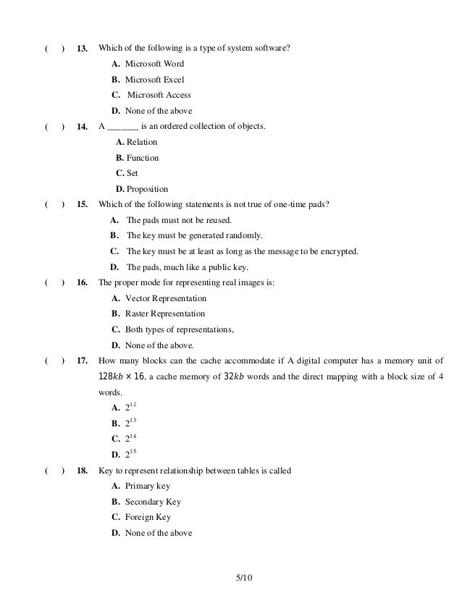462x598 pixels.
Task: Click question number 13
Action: pyautogui.click(x=82, y=49)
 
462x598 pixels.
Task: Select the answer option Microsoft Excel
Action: pyautogui.click(x=154, y=79)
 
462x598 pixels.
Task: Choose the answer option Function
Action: pyautogui.click(x=142, y=158)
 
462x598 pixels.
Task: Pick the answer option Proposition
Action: pyautogui.click(x=147, y=189)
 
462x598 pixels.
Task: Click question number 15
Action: pyautogui.click(x=82, y=204)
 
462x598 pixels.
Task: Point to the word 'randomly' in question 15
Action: pyautogui.click(x=247, y=235)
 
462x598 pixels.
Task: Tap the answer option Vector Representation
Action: pyautogui.click(x=166, y=298)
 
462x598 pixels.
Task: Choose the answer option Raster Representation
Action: pyautogui.click(x=165, y=313)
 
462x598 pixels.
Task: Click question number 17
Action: pyautogui.click(x=82, y=361)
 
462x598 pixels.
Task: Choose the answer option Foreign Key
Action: pyautogui.click(x=148, y=518)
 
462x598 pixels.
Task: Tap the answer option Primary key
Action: pyautogui.click(x=148, y=486)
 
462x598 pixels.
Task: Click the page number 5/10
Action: pyautogui.click(x=243, y=577)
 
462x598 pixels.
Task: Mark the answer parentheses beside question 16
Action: pyautogui.click(x=54, y=283)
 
